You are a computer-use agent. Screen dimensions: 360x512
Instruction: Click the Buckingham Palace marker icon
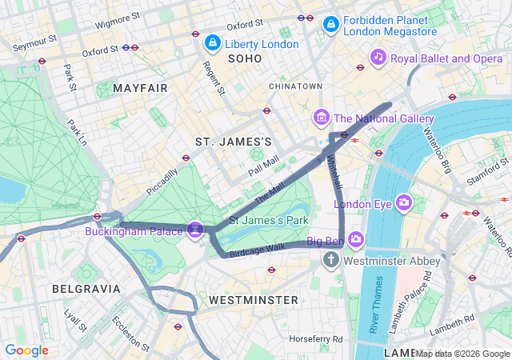pyautogui.click(x=194, y=230)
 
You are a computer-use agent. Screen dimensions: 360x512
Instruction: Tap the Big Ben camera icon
pyautogui.click(x=355, y=239)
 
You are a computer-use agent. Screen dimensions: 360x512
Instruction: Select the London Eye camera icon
pyautogui.click(x=403, y=202)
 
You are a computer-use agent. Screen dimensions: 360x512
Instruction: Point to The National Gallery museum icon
pyautogui.click(x=322, y=118)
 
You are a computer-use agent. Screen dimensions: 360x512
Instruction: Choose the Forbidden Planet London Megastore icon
pyautogui.click(x=330, y=26)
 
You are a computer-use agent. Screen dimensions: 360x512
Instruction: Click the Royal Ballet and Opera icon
pyautogui.click(x=378, y=57)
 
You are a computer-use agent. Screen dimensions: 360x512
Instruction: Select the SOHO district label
pyautogui.click(x=245, y=58)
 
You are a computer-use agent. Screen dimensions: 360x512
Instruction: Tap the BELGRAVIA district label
pyautogui.click(x=86, y=288)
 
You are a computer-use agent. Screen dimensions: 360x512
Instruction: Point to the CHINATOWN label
pyautogui.click(x=295, y=86)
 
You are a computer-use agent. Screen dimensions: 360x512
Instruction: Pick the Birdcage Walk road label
pyautogui.click(x=257, y=249)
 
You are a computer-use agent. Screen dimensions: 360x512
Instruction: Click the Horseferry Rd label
pyautogui.click(x=316, y=339)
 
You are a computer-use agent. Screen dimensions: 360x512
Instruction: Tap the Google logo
pyautogui.click(x=26, y=350)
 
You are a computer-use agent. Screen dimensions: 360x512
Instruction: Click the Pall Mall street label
pyautogui.click(x=263, y=166)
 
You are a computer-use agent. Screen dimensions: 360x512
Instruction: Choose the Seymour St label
pyautogui.click(x=34, y=38)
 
